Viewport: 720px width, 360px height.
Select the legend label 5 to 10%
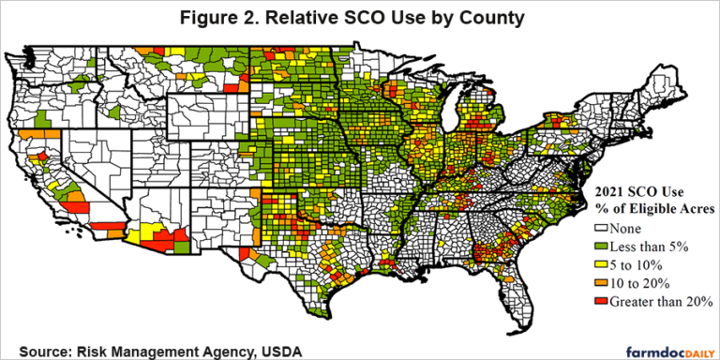point(645,265)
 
